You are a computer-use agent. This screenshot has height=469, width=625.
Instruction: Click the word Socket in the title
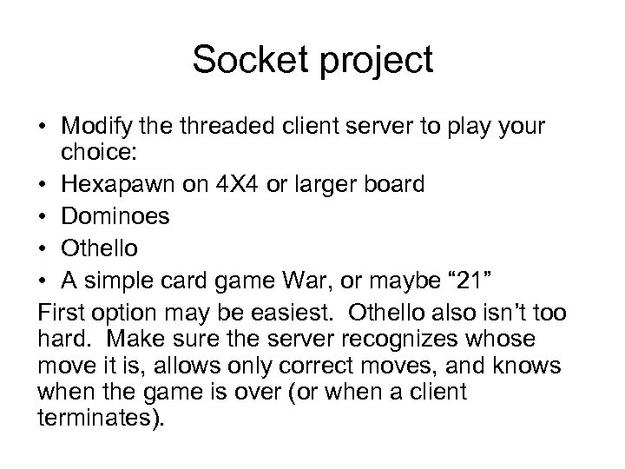tap(247, 60)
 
